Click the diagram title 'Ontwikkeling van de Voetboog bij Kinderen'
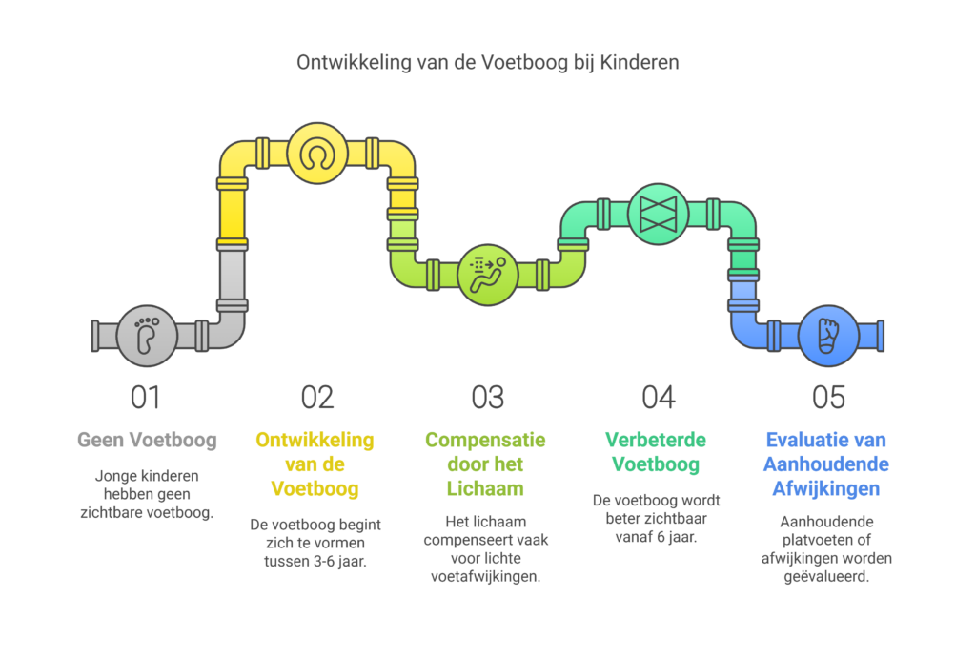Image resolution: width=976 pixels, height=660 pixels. tap(487, 64)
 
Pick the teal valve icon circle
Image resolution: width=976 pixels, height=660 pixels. tap(658, 213)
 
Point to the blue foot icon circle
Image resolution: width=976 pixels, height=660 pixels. tap(826, 336)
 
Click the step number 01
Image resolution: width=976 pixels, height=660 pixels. tap(146, 397)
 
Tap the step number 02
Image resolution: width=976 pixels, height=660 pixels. tap(316, 397)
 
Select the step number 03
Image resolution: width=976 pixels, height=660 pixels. tap(487, 397)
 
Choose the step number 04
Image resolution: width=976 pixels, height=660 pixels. tap(658, 397)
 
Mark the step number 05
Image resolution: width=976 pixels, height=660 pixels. tap(826, 397)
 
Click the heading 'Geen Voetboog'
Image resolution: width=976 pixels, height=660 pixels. tap(147, 441)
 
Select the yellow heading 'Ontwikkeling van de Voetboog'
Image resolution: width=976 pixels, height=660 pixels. tap(315, 464)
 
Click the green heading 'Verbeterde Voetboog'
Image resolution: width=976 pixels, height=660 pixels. tap(657, 452)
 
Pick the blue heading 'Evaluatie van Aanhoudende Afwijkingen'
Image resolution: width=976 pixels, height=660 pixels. tap(826, 464)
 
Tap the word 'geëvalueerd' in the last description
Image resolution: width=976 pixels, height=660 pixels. tap(826, 578)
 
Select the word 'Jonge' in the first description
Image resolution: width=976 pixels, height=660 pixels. tap(113, 475)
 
